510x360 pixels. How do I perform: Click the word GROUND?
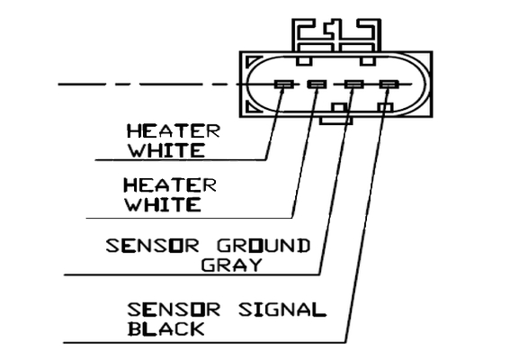coord(264,246)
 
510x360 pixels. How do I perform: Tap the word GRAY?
coord(231,265)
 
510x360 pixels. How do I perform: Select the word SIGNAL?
coord(282,310)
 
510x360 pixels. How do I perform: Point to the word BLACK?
coord(166,328)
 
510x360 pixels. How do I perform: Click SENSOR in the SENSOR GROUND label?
coord(152,246)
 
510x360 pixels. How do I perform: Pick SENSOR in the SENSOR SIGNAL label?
coord(174,310)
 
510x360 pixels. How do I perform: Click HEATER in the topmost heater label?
coord(174,131)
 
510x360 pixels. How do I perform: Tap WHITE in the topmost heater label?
coord(167,150)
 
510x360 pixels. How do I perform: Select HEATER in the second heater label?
coord(170,185)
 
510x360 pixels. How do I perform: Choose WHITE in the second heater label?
coord(164,204)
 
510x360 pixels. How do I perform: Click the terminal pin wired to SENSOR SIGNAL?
coord(389,85)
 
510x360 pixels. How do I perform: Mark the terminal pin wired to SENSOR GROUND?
coord(353,85)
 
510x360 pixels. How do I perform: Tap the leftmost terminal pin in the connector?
coord(284,85)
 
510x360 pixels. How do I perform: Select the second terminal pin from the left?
coord(317,85)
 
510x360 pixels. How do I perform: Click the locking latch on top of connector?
coord(336,35)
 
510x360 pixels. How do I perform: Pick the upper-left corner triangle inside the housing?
coord(253,62)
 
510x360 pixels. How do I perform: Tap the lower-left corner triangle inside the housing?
coord(253,106)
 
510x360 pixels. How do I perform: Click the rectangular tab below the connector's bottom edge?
coord(336,121)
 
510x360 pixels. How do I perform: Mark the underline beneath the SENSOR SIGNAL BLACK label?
coord(204,342)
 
